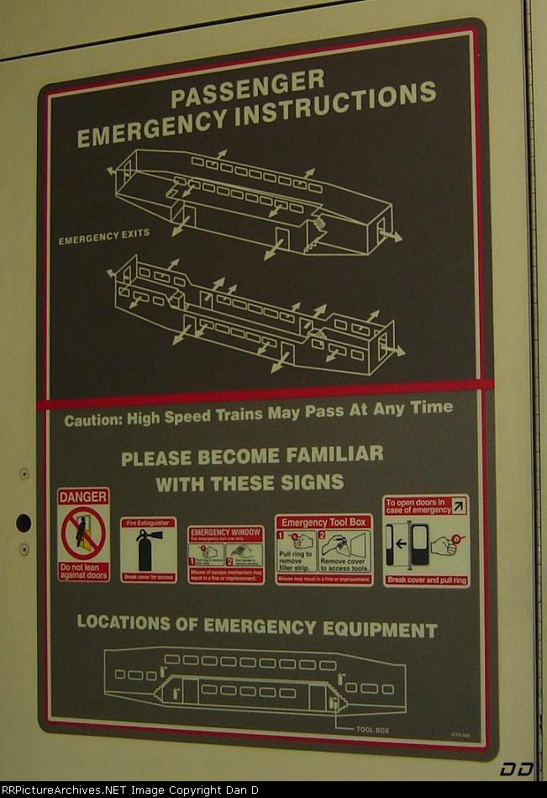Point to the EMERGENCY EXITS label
[x=103, y=239]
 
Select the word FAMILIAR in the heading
[x=328, y=455]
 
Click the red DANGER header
[x=83, y=497]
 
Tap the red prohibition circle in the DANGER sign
[x=83, y=533]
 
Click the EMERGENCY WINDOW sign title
[x=226, y=532]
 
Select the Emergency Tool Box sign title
[x=323, y=522]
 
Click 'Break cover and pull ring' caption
[x=427, y=580]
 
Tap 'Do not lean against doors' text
[x=83, y=572]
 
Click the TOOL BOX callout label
[x=372, y=730]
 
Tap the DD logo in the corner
[x=516, y=769]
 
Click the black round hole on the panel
[x=24, y=522]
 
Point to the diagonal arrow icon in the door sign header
[x=459, y=506]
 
